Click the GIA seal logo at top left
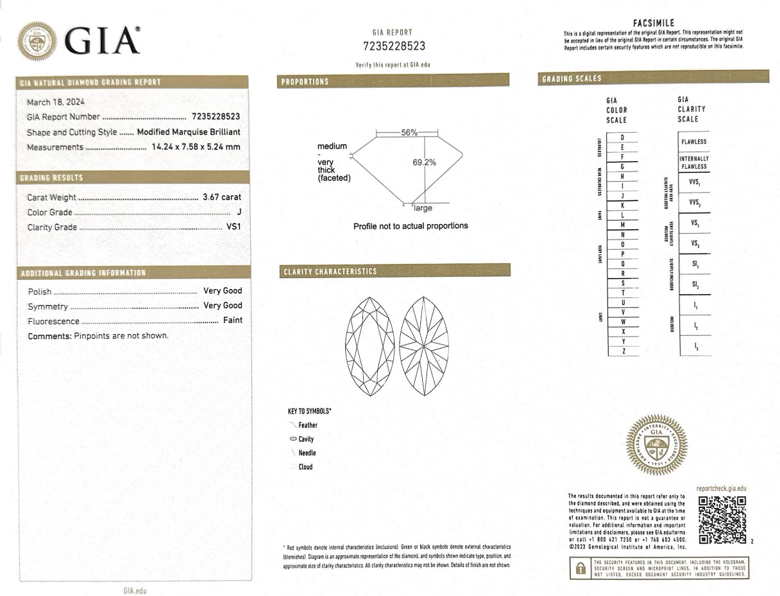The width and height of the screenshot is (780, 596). tap(37, 42)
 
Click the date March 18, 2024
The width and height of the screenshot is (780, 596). tap(56, 102)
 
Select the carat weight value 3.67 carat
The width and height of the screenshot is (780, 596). tap(222, 198)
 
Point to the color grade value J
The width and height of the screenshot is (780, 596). tap(239, 213)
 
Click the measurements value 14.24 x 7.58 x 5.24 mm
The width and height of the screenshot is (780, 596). tap(196, 147)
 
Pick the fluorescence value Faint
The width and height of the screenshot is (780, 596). tap(232, 320)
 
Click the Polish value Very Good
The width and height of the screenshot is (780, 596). tap(223, 291)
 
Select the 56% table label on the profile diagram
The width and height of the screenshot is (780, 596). tap(409, 132)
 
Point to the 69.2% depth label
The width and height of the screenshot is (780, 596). tap(424, 162)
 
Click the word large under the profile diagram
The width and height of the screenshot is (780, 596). tap(423, 208)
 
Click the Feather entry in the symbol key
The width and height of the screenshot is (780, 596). tap(307, 425)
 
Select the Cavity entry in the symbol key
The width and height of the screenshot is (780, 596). tap(306, 439)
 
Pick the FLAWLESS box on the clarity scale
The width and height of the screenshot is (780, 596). tap(694, 141)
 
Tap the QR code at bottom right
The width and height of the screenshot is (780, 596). tap(722, 520)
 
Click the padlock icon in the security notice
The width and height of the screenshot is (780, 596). tap(580, 568)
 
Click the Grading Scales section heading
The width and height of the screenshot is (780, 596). tap(572, 79)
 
